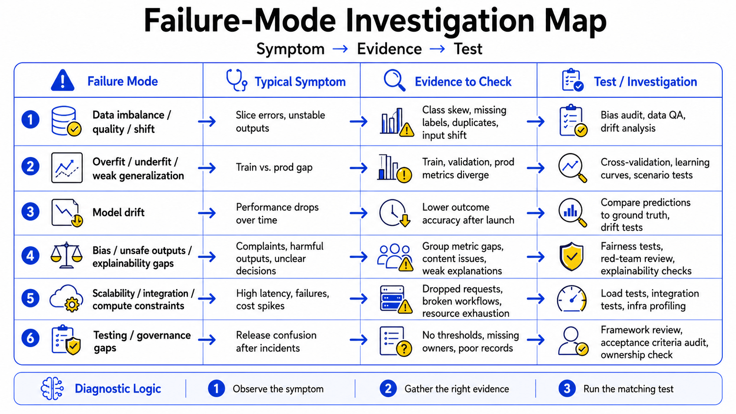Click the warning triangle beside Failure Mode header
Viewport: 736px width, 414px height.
coord(63,81)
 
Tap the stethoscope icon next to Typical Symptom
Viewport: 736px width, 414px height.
coord(236,80)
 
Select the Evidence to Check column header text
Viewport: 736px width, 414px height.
coord(463,81)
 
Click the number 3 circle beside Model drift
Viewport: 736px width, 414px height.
coord(30,212)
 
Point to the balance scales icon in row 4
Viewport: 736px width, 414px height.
coord(66,256)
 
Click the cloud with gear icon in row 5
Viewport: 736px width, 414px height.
coord(66,298)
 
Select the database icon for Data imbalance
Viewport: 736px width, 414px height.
coord(66,121)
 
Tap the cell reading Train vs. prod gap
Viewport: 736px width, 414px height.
coord(274,168)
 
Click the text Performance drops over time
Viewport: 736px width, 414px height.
coord(277,213)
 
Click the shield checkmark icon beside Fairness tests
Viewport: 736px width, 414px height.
coord(571,256)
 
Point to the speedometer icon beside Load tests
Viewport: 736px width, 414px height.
coord(572,298)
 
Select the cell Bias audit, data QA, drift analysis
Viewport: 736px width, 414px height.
coord(643,121)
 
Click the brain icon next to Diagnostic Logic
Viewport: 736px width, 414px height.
coord(52,388)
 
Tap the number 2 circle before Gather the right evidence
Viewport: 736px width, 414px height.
coord(388,388)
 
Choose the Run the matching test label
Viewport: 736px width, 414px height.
coord(628,389)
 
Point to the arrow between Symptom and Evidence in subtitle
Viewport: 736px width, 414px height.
coord(340,49)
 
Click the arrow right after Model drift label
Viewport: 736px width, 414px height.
coord(207,213)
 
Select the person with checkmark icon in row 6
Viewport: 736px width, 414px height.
coord(572,341)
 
